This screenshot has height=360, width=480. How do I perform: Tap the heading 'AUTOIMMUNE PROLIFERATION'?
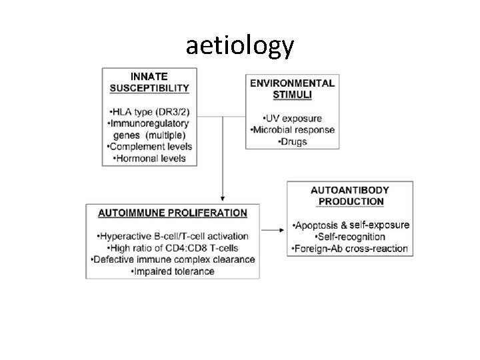(173, 213)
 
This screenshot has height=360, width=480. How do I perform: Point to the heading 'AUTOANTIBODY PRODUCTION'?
(351, 195)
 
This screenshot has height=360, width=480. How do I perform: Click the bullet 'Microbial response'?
(293, 129)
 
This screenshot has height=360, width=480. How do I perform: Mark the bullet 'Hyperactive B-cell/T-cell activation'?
(173, 236)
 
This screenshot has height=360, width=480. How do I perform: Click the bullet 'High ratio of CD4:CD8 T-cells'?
(173, 247)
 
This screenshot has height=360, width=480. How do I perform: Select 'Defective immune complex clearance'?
(173, 259)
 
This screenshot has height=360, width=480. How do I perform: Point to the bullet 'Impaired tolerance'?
(173, 271)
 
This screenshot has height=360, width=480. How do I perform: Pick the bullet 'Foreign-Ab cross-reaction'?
(351, 249)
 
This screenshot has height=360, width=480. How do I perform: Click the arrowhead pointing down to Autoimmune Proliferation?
(222, 198)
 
